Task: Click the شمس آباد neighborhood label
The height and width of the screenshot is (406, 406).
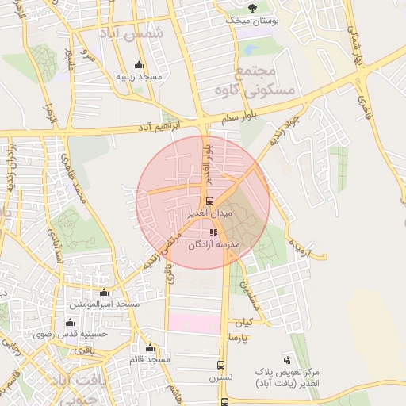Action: (132, 33)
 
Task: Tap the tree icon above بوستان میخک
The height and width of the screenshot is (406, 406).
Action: (252, 8)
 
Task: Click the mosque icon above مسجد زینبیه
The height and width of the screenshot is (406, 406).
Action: (140, 65)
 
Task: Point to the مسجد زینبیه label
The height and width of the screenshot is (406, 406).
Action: (140, 77)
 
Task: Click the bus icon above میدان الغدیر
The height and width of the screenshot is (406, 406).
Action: (209, 201)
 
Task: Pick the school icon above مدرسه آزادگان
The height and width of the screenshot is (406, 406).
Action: (213, 232)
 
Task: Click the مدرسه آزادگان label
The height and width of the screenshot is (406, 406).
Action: (213, 245)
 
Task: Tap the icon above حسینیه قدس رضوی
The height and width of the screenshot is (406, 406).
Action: (71, 322)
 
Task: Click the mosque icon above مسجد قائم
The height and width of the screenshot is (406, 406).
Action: (150, 347)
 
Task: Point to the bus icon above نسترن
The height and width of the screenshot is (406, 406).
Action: (220, 366)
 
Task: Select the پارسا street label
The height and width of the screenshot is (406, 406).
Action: (239, 338)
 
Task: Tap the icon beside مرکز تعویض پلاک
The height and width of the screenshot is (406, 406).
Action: (286, 360)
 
